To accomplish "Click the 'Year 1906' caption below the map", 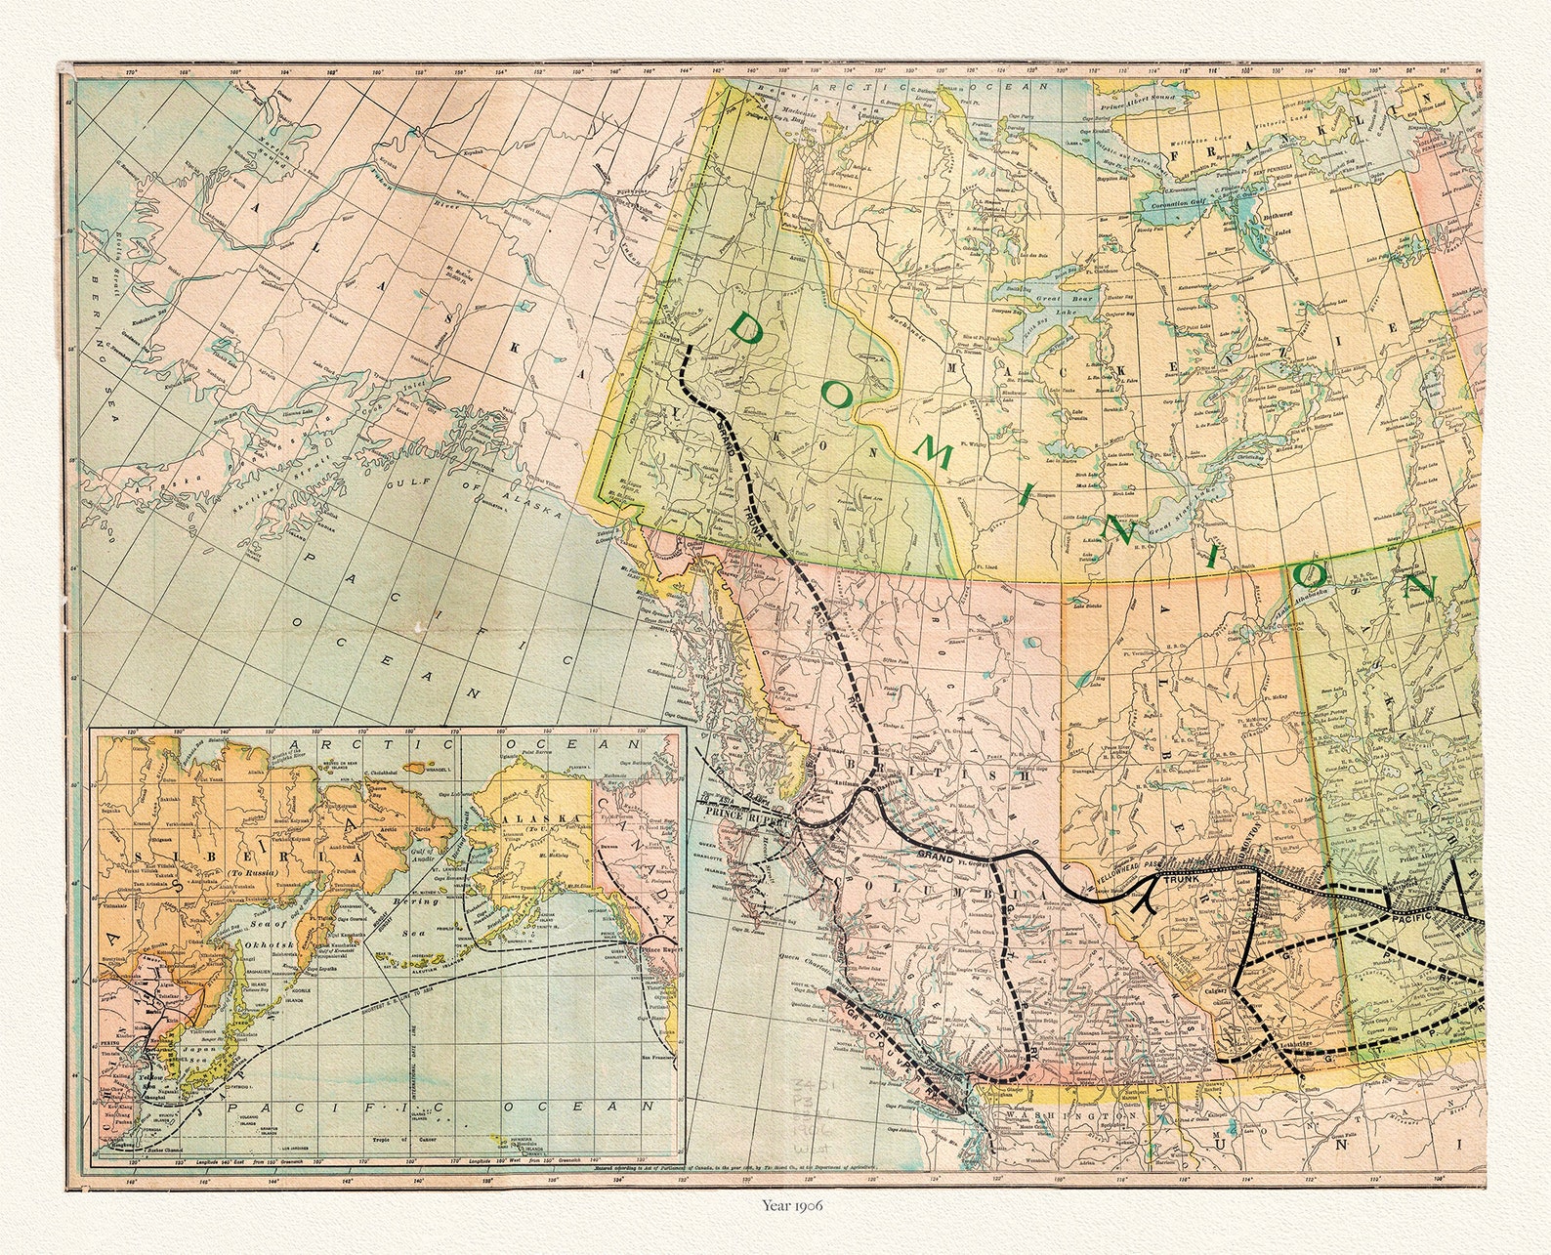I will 792,1204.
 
